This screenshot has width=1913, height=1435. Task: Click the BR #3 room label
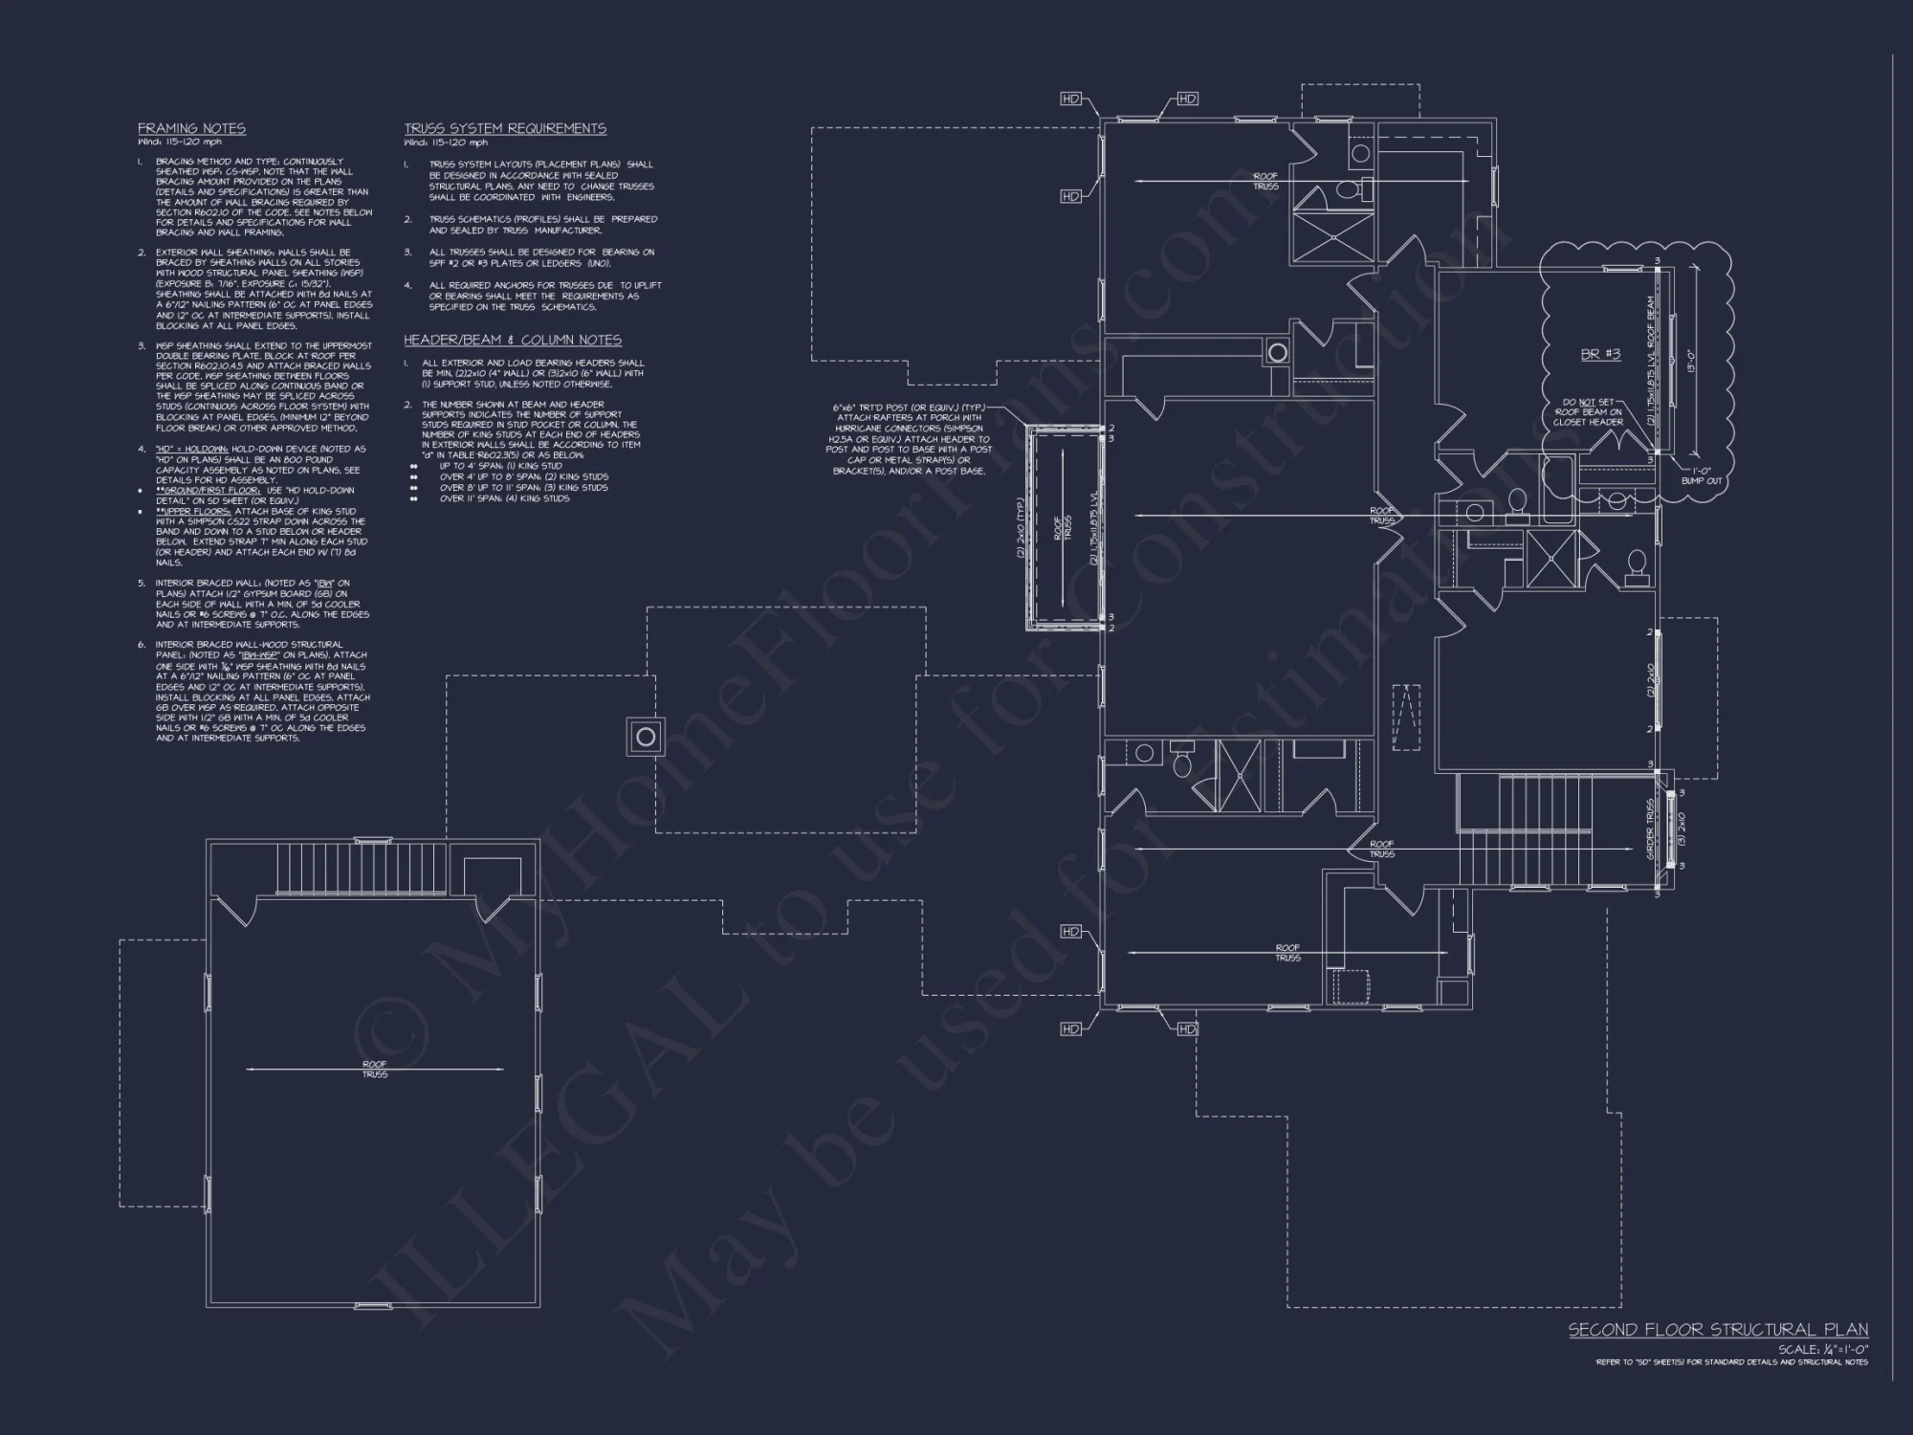coord(1600,354)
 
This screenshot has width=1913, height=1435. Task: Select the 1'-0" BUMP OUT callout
coord(1701,475)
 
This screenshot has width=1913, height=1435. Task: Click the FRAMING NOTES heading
coord(191,128)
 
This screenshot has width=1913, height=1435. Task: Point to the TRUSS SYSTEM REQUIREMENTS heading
coord(504,128)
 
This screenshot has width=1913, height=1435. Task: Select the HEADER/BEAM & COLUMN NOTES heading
coord(512,340)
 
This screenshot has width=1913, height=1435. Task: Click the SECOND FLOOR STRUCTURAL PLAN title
coord(1718,1330)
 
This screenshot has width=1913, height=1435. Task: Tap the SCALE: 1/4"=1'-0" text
coord(1822,1349)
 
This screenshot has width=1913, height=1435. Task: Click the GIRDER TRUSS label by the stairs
coord(1651,828)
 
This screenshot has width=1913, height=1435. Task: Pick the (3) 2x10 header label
coord(1682,828)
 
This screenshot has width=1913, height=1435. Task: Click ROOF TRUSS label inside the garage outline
coord(374,1070)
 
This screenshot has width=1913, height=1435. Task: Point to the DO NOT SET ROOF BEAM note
coord(1588,412)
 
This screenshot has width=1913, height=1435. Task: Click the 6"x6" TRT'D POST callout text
coord(908,439)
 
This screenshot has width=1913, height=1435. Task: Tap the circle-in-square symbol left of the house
coord(646,737)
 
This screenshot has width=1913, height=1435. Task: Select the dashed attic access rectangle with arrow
coord(1406,717)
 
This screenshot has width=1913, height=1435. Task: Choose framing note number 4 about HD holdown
coord(258,464)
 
